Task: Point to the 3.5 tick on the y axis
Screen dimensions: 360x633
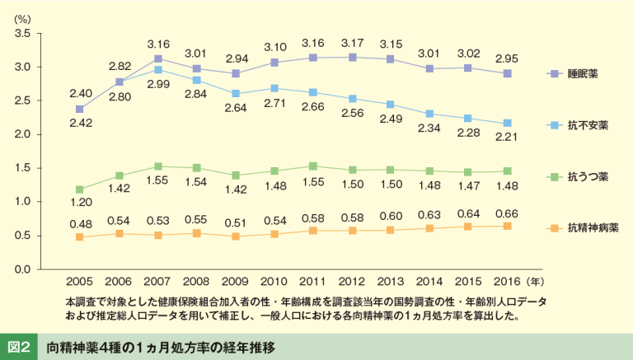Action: [x=22, y=34]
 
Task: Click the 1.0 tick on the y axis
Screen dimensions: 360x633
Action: [x=22, y=202]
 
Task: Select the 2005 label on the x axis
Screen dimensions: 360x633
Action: [x=79, y=282]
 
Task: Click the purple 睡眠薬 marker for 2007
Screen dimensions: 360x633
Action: [x=157, y=59]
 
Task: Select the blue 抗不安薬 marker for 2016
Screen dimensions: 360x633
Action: [x=508, y=124]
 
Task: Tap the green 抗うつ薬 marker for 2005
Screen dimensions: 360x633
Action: [x=80, y=189]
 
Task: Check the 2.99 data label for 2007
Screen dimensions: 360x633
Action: [x=157, y=85]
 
